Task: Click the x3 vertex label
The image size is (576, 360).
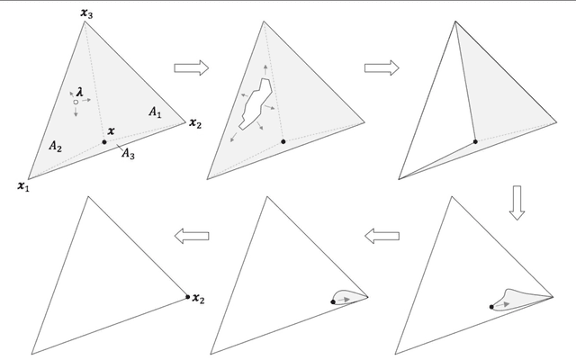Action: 86,13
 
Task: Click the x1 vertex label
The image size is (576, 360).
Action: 23,186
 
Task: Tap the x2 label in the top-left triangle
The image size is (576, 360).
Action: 195,124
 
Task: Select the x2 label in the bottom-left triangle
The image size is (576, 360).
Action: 198,299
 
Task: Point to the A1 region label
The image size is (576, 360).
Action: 155,112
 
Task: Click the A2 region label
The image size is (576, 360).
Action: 55,147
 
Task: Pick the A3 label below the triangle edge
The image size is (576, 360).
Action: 128,154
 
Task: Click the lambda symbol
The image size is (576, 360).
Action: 80,92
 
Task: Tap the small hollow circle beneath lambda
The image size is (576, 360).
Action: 76,102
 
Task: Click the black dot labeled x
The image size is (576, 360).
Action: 104,142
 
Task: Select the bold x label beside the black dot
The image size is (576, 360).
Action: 111,130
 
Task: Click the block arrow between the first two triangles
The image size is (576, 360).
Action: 192,68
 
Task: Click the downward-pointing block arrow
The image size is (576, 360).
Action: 517,202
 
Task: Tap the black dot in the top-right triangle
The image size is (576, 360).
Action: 475,142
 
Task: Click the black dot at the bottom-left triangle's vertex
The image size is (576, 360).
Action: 188,297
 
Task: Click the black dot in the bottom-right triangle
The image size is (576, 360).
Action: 491,307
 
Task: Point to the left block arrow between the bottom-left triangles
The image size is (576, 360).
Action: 192,236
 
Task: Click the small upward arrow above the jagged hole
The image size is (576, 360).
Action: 265,70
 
